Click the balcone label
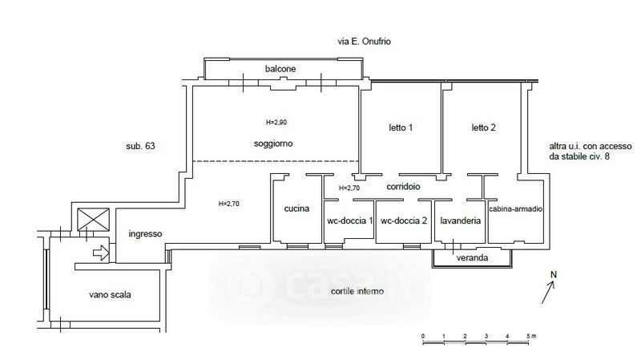tap(280, 69)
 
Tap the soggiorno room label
tap(273, 144)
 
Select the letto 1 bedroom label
tap(401, 127)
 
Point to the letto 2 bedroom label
tap(484, 127)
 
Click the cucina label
tap(296, 208)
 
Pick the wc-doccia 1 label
tap(350, 221)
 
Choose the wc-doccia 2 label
tap(404, 221)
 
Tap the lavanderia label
tap(460, 221)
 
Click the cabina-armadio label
tap(516, 209)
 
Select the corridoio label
tap(403, 187)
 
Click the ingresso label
tap(145, 234)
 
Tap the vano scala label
tap(110, 294)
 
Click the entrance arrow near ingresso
tap(101, 253)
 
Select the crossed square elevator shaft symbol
tap(94, 220)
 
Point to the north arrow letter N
tap(554, 275)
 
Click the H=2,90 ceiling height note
tap(276, 122)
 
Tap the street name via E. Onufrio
tap(364, 42)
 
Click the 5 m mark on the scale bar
tap(531, 336)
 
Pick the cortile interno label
tap(357, 291)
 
